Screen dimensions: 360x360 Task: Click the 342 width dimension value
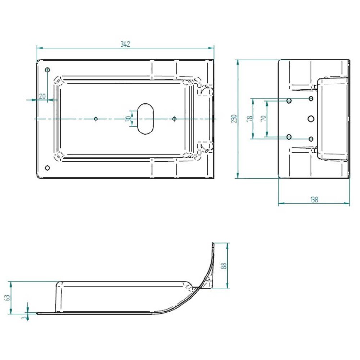pyautogui.click(x=125, y=44)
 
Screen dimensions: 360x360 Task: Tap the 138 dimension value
pyautogui.click(x=314, y=199)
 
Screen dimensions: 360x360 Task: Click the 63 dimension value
pyautogui.click(x=7, y=298)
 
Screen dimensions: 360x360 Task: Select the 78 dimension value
pyautogui.click(x=249, y=119)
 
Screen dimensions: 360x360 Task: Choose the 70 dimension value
pyautogui.click(x=263, y=119)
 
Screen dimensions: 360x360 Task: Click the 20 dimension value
pyautogui.click(x=42, y=96)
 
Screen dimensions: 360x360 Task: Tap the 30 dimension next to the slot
pyautogui.click(x=128, y=119)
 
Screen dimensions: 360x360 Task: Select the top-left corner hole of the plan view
pyautogui.click(x=47, y=70)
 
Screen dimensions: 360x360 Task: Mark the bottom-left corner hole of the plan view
pyautogui.click(x=47, y=168)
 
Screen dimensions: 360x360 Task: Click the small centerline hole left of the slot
pyautogui.click(x=96, y=118)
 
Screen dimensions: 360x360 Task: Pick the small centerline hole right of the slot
pyautogui.click(x=174, y=118)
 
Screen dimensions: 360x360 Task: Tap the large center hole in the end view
pyautogui.click(x=311, y=118)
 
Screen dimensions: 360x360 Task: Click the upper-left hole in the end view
pyautogui.click(x=289, y=101)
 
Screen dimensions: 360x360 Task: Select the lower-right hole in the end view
pyautogui.click(x=311, y=138)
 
